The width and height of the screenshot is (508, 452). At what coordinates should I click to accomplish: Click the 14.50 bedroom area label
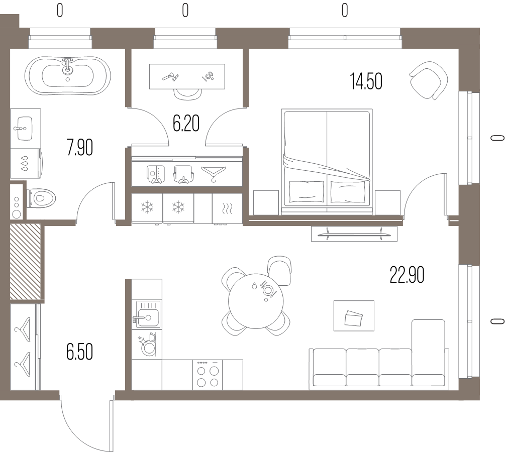pos(366,81)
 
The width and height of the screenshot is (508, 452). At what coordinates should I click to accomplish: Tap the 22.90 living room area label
pos(407,275)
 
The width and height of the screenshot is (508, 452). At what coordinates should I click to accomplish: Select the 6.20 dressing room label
pos(186,123)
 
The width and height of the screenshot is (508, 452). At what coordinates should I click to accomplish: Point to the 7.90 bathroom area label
pos(80,147)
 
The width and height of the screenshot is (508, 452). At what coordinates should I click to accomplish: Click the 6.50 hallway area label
pos(80,352)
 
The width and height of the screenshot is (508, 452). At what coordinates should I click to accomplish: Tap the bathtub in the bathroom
pos(68,76)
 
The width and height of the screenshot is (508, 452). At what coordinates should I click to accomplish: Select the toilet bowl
pos(41,198)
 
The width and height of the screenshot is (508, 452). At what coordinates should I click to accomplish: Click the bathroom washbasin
pos(25,129)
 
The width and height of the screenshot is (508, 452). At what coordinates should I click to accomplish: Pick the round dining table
pos(256,301)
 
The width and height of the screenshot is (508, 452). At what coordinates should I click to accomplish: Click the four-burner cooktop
pos(208,375)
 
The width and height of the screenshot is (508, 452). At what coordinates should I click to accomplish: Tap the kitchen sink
pos(147,314)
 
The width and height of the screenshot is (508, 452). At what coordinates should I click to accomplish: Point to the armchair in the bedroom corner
pos(429,81)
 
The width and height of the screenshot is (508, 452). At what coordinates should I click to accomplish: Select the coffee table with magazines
pos(354,316)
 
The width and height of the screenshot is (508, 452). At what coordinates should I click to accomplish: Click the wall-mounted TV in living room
pos(354,234)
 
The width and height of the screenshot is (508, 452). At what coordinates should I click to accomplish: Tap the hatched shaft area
pos(25,262)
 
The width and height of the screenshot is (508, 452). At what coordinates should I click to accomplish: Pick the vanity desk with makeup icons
pos(187,76)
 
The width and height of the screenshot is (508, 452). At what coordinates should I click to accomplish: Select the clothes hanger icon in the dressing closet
pos(214,173)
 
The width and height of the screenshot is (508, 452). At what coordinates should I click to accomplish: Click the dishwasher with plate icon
pos(147,345)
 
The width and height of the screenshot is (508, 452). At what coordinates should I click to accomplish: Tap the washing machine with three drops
pos(26,164)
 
